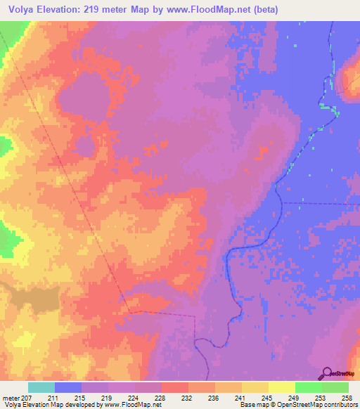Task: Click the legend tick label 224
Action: [134, 398]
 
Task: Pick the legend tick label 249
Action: [295, 398]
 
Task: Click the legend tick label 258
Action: [348, 398]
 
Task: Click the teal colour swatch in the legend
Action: [41, 387]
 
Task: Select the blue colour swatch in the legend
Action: [67, 387]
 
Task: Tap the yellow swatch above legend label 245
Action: [255, 387]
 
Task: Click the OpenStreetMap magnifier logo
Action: [326, 374]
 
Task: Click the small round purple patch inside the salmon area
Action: [84, 147]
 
